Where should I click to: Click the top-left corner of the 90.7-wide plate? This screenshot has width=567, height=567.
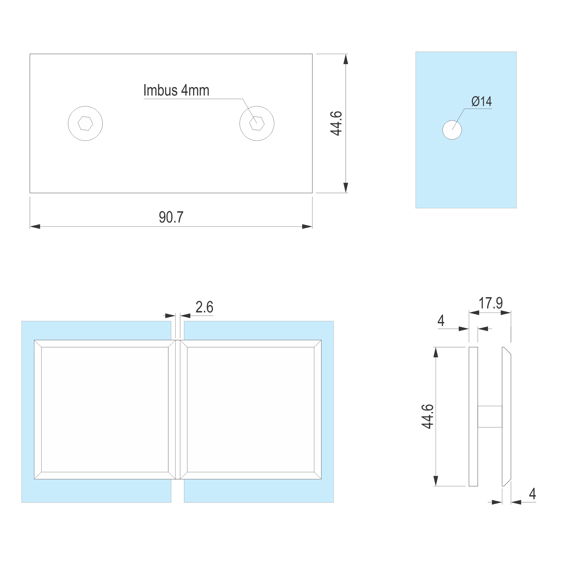coord(30,54)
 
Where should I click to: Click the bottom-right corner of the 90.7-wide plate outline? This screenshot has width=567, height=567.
coord(312,193)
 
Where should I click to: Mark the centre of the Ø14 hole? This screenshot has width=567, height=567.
coord(452,130)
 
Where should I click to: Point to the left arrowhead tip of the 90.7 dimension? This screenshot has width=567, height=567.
coord(30,227)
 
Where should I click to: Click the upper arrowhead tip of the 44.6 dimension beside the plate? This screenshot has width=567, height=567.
coord(346,54)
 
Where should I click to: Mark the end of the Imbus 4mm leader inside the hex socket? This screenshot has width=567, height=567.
coord(257,123)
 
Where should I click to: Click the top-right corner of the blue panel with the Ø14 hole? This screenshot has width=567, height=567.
coord(517,52)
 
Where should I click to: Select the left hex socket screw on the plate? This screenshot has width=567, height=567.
coord(85,124)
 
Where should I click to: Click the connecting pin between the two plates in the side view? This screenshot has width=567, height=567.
coord(490,417)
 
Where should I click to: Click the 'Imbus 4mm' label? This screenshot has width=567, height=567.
coord(176,90)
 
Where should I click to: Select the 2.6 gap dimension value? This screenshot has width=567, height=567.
coord(204,307)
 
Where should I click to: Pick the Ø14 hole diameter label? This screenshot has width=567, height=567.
coord(482,101)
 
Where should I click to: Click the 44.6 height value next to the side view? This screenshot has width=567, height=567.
coord(428,417)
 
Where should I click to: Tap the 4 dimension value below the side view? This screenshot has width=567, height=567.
coord(532,494)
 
